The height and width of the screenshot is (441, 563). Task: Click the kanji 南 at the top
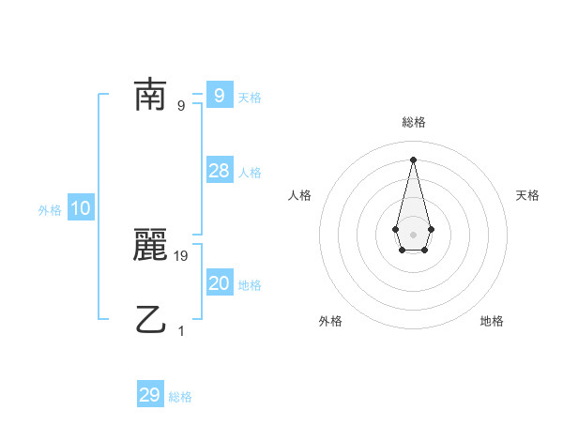[x=150, y=95]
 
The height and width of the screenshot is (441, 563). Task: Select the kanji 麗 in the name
[x=150, y=247]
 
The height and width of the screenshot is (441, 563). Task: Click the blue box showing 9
[x=219, y=95]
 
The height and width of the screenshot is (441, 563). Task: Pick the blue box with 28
[x=219, y=171]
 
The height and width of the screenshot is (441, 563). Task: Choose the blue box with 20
[x=219, y=283]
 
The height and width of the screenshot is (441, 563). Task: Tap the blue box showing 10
[x=81, y=208]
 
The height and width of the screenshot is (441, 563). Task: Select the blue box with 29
[x=150, y=395]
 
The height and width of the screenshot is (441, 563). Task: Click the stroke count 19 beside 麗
[x=182, y=255]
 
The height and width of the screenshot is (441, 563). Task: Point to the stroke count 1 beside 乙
[x=182, y=330]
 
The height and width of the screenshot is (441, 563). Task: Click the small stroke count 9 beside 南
[x=181, y=105]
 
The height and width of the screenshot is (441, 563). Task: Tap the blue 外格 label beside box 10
[x=50, y=210]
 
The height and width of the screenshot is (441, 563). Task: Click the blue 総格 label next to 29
[x=180, y=397]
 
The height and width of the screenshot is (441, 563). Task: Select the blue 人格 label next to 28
[x=250, y=173]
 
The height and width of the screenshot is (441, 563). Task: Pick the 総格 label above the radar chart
[x=413, y=122]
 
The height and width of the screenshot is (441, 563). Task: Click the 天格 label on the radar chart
[x=527, y=195]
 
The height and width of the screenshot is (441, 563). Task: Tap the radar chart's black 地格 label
[x=492, y=321]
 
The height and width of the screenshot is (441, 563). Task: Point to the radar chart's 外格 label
[x=330, y=321]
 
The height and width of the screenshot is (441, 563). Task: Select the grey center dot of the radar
[x=413, y=234]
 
